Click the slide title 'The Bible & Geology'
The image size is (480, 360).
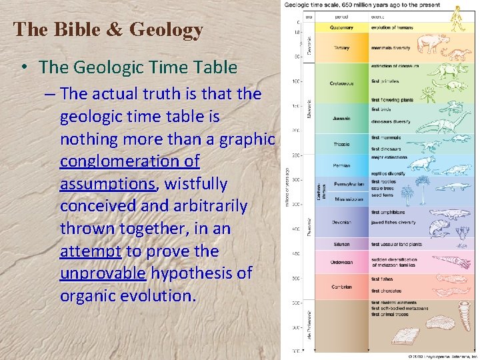(108, 30)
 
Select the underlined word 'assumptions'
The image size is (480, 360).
(107, 184)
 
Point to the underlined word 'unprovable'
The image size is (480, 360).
(103, 273)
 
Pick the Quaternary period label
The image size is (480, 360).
(341, 27)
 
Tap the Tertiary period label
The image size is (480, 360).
(341, 47)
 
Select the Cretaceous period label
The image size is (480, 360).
(341, 83)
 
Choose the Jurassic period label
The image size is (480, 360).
(341, 119)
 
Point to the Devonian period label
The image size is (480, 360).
(341, 222)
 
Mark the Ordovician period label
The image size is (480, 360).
(341, 262)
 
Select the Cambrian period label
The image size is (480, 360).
(341, 286)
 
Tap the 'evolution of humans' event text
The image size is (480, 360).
(393, 27)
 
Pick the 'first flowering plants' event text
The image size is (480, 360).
(393, 99)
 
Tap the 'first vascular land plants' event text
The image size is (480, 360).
(397, 244)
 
